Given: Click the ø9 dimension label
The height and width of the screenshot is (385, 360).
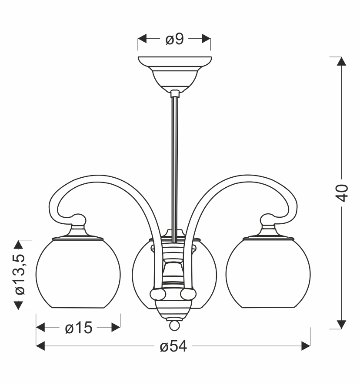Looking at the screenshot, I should (174, 40).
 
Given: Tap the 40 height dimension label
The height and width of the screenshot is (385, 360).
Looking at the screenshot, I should (343, 192).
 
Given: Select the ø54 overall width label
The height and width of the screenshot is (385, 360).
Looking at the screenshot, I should (173, 346).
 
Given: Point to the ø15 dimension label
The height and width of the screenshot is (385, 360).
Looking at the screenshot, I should (78, 328).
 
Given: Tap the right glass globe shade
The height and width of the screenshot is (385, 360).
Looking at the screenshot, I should (268, 274).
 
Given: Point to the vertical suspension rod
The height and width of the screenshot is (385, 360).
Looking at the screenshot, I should (174, 165).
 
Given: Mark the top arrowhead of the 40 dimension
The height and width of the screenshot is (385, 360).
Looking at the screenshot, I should (342, 61).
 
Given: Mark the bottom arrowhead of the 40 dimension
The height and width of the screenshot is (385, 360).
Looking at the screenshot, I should (342, 325).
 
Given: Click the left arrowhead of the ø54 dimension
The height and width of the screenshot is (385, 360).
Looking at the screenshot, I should (40, 346).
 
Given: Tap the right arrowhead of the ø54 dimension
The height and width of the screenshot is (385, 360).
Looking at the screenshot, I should (306, 346).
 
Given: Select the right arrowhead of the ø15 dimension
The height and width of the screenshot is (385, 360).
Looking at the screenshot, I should (116, 327).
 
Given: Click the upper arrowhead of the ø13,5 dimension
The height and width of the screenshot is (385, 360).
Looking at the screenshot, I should (19, 244).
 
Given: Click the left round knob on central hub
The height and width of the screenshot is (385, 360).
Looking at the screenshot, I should (157, 295).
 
